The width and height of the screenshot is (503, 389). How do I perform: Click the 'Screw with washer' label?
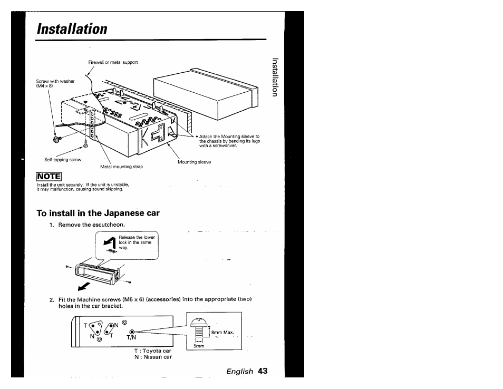pos(55,83)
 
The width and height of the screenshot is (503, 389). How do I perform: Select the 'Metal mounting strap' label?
pos(121,167)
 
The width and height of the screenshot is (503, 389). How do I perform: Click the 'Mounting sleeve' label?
pos(194,162)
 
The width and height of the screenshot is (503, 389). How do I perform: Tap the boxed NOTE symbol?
pos(49,177)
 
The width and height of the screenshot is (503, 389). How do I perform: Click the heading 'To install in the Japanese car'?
pos(98,213)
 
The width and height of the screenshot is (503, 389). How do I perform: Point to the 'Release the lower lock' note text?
pos(137,242)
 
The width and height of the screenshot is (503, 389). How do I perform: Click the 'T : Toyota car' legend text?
pos(153,350)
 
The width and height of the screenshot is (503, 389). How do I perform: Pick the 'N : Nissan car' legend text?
pos(153,357)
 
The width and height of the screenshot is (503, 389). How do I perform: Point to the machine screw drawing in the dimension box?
pos(198,328)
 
